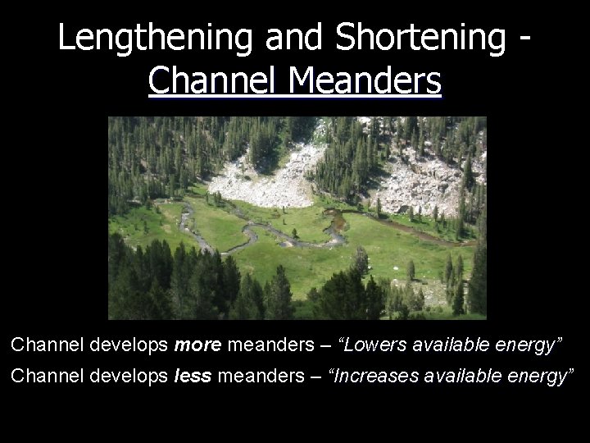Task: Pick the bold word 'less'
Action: (x=190, y=377)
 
